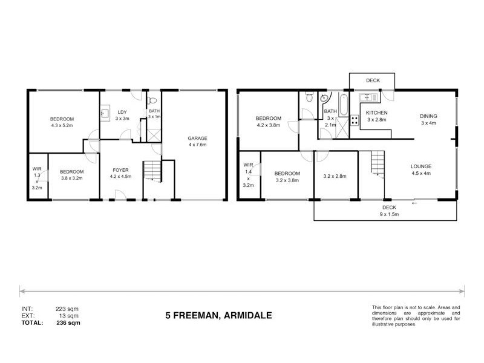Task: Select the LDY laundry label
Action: click(122, 112)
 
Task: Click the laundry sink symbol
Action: click(105, 111)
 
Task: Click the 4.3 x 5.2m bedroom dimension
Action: click(62, 126)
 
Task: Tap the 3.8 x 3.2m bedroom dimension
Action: click(72, 178)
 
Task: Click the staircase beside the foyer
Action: click(152, 171)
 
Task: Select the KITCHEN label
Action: click(377, 113)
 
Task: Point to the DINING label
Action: click(428, 116)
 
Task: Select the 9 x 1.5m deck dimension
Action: click(389, 214)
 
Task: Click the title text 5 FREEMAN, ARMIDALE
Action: click(218, 315)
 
